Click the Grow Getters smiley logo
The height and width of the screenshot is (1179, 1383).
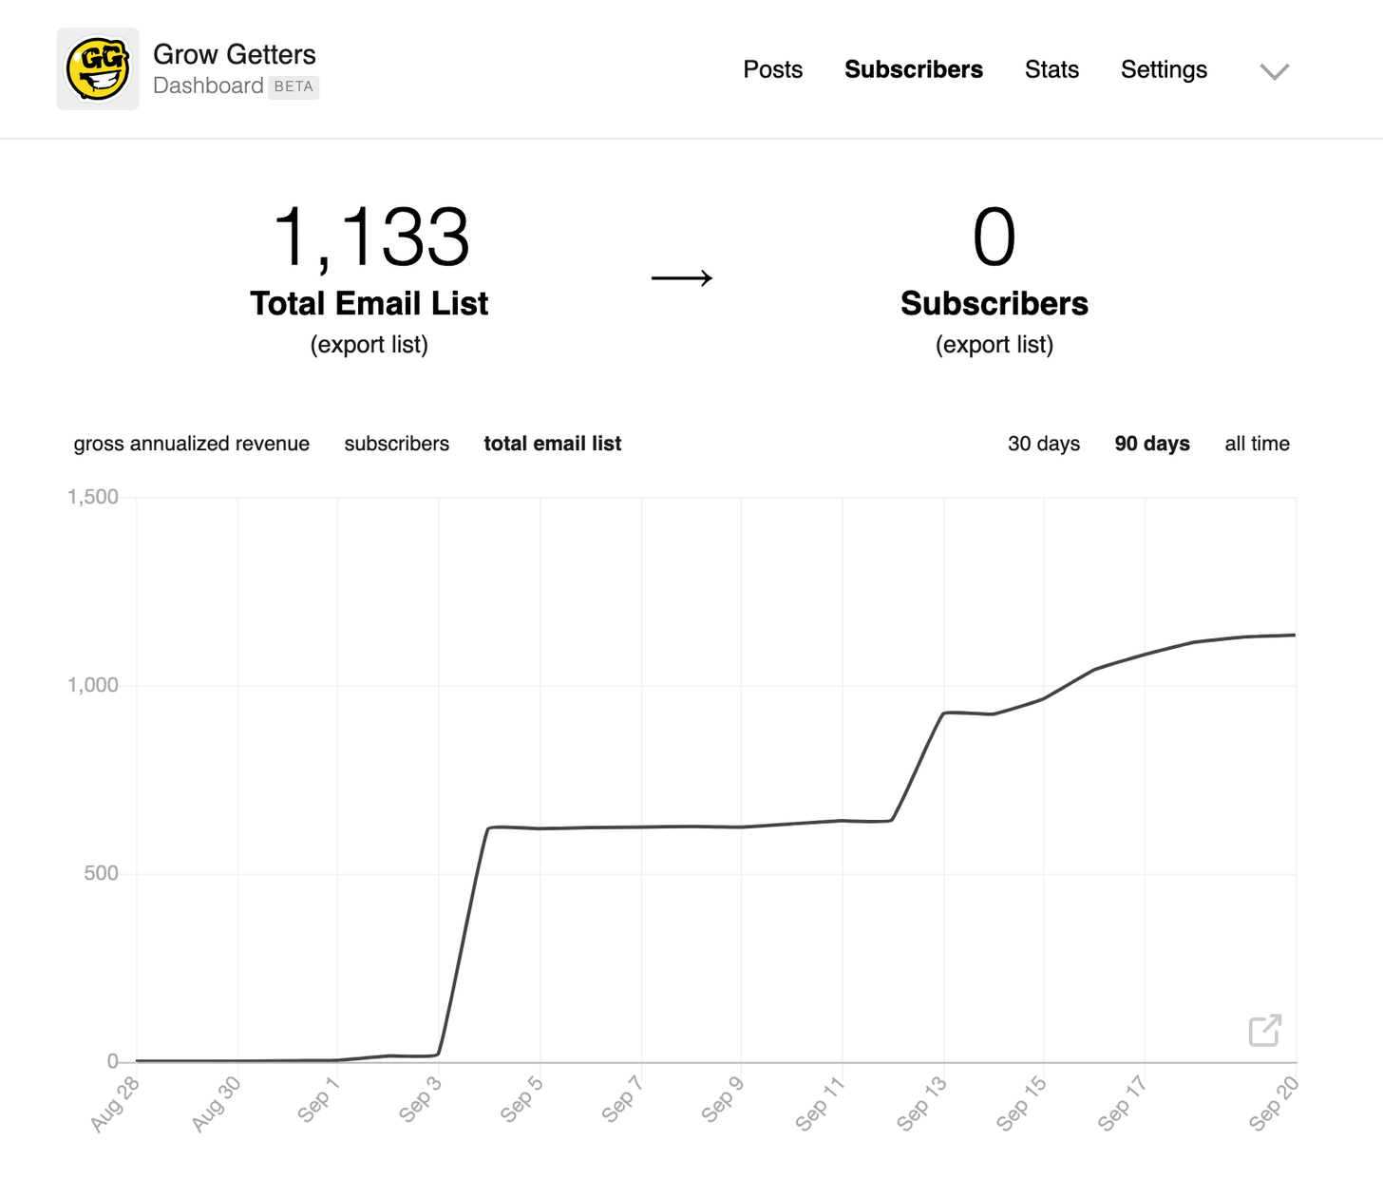[x=98, y=69]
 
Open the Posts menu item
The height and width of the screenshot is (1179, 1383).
[x=772, y=69]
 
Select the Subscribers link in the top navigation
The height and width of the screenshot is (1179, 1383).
[x=914, y=69]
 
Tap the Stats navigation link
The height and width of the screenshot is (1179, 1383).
[x=1051, y=69]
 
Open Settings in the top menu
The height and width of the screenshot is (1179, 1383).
[x=1164, y=69]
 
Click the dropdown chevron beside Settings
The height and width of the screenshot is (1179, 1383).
[x=1274, y=71]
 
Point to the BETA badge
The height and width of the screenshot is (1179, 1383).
[x=294, y=86]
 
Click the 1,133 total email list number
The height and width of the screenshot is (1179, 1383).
[x=370, y=238]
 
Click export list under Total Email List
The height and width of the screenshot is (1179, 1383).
[x=369, y=345]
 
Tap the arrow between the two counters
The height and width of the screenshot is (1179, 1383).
[x=682, y=278]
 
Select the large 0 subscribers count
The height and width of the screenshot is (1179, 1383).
[x=994, y=238]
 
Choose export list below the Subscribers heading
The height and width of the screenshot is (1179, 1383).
[x=995, y=345]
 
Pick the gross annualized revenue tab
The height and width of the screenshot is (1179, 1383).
[x=192, y=444]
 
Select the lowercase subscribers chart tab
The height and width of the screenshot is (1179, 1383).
[x=397, y=444]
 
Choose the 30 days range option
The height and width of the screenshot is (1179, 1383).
[x=1044, y=444]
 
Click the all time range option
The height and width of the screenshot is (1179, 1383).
[x=1257, y=444]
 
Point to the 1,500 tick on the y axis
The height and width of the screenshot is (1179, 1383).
[x=93, y=497]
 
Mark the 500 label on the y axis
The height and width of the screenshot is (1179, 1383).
[x=101, y=873]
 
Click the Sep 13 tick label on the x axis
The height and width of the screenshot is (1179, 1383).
[x=921, y=1103]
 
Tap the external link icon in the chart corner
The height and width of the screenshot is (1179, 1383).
[x=1265, y=1030]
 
